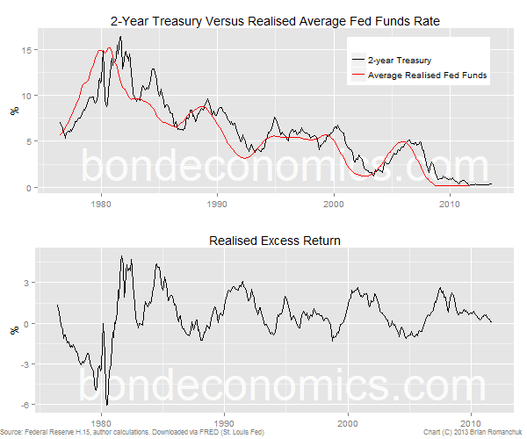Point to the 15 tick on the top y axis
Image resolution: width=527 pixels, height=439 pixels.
[x=28, y=50]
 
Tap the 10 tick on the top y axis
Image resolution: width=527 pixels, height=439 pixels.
[x=28, y=96]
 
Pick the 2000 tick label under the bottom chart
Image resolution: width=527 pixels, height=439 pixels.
[x=349, y=421]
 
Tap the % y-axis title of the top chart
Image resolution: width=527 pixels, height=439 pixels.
[x=13, y=112]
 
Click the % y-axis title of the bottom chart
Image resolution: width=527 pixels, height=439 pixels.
[x=13, y=330]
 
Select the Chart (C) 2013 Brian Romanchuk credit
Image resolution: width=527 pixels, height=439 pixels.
[x=471, y=432]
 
